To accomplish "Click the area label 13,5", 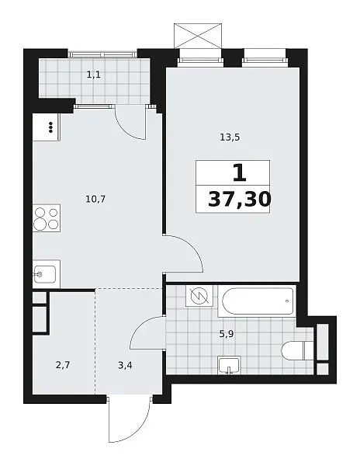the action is [x=230, y=137].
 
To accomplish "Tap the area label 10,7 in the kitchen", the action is [x=95, y=199].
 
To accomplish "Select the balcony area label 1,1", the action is [x=93, y=75].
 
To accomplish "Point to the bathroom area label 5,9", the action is [x=227, y=334].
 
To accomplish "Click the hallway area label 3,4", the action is [x=125, y=365].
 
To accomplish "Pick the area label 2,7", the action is [x=63, y=365].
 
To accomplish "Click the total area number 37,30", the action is [x=240, y=199].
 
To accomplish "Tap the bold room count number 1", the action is [x=240, y=173].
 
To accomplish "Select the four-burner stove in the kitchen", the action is [x=47, y=218].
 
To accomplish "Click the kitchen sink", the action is [x=45, y=274].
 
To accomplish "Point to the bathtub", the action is [x=257, y=301].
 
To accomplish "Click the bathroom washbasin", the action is [x=229, y=365].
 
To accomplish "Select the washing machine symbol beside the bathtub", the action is [x=199, y=296].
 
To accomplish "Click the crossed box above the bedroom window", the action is [x=198, y=36].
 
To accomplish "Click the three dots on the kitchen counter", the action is [x=50, y=127].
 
